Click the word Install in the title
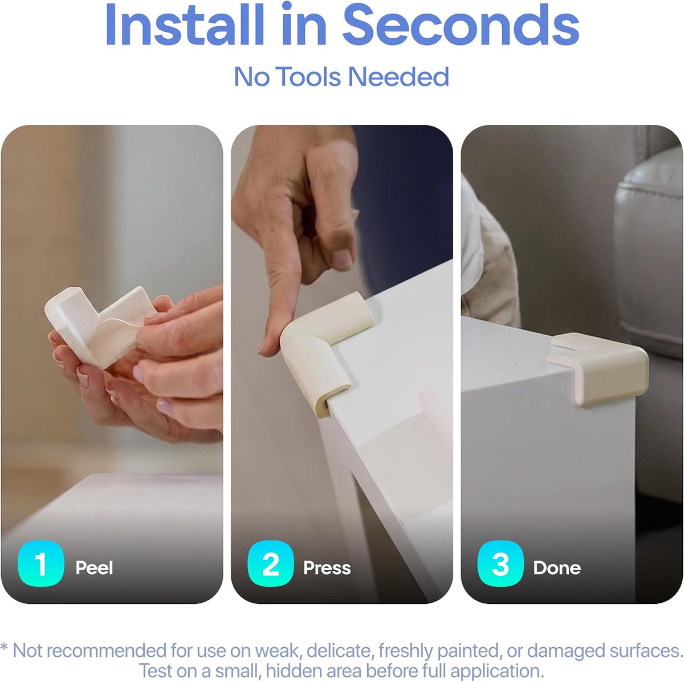coord(185,25)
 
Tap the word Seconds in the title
coord(461,25)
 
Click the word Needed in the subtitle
coord(398,77)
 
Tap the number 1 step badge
coord(41,564)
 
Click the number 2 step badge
coord(271,564)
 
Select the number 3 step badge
coord(500,564)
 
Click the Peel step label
coord(94,568)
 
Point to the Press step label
coord(327,568)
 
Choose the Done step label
coord(557,568)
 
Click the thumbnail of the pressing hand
coord(341,258)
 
